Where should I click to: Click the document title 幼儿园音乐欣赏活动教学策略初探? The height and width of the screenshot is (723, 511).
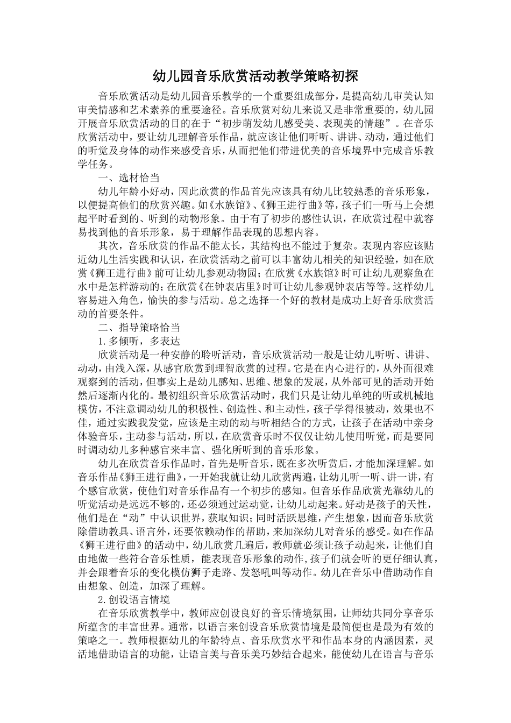[x=255, y=76]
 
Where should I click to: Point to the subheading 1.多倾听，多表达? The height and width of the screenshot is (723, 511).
[x=139, y=341]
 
